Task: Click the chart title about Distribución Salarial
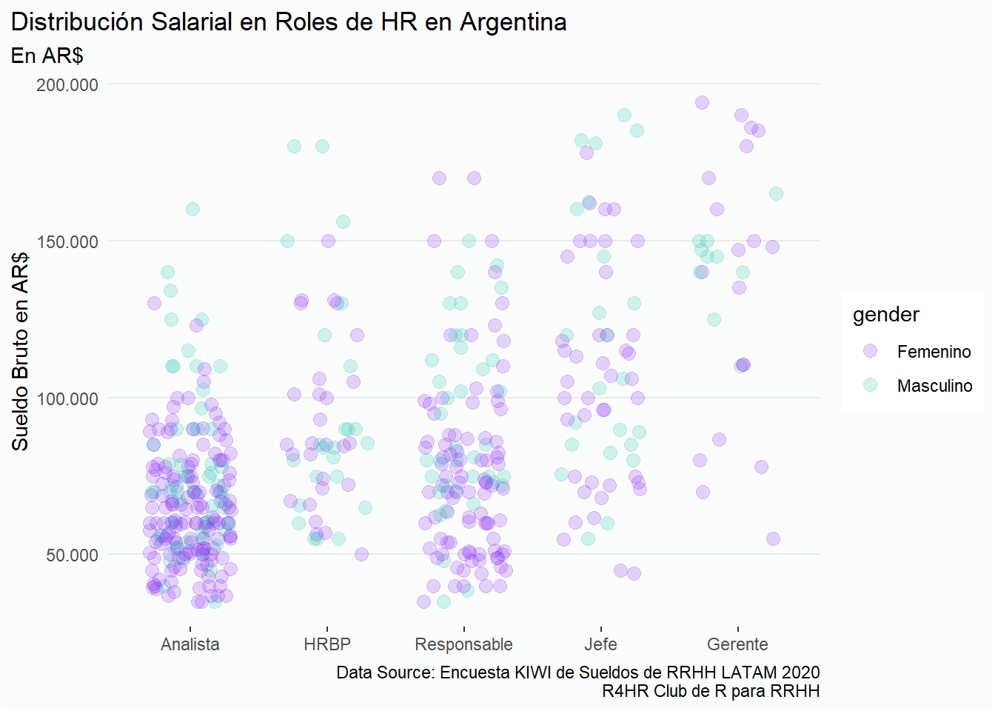click(x=289, y=22)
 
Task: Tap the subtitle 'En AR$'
click(x=47, y=56)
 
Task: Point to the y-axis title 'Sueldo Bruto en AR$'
click(x=20, y=351)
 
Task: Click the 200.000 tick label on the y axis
click(x=67, y=84)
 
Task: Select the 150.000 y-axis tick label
click(x=67, y=241)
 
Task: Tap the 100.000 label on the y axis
click(x=67, y=398)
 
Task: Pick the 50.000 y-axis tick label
click(x=72, y=555)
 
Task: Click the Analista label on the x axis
click(x=190, y=644)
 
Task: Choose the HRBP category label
click(x=327, y=644)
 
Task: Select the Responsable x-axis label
click(x=463, y=644)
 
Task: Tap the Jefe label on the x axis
click(x=600, y=644)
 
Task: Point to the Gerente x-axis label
click(x=737, y=644)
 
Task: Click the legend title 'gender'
click(x=885, y=315)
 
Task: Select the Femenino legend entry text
click(x=934, y=352)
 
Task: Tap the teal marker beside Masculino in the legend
click(x=870, y=385)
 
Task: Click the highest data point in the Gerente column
click(x=702, y=102)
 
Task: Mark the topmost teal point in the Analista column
click(x=192, y=209)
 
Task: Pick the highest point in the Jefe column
click(x=624, y=115)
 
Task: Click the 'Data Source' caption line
click(x=577, y=672)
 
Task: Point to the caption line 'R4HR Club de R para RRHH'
click(x=711, y=691)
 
